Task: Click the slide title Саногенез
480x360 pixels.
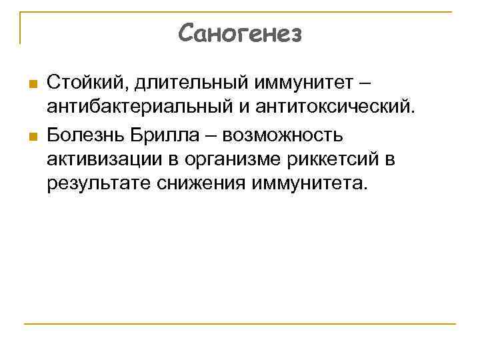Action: tap(240, 33)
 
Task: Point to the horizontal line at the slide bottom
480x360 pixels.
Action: tap(240, 324)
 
